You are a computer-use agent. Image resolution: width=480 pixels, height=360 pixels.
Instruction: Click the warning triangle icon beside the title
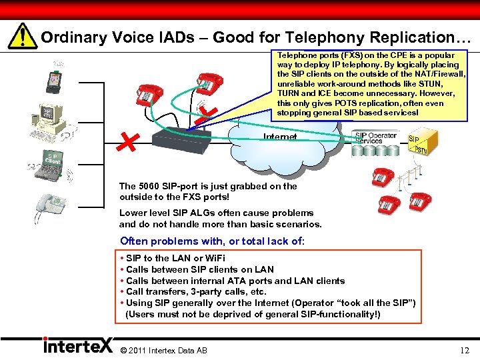point(24,37)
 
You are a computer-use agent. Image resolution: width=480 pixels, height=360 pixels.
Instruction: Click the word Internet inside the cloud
point(281,137)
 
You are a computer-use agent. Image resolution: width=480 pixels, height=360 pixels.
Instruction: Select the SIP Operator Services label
point(375,137)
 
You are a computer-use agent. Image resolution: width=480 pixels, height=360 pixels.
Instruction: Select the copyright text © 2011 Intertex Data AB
point(163,350)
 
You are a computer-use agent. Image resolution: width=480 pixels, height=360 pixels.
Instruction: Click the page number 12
point(464,350)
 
